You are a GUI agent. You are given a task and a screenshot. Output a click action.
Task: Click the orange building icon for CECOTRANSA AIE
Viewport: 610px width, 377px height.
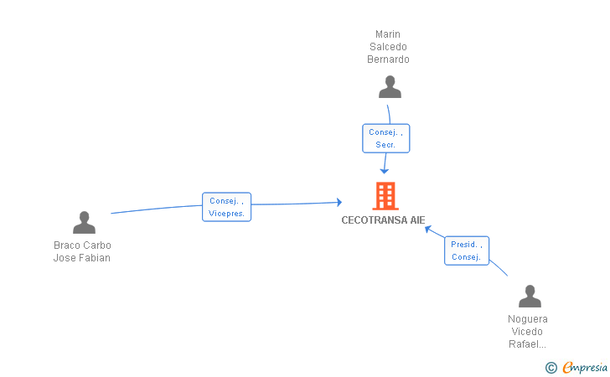[385, 196]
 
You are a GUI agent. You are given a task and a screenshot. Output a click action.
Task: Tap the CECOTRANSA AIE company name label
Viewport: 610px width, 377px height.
[383, 220]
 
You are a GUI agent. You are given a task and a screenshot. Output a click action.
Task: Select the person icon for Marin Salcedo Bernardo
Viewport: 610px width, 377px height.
[389, 87]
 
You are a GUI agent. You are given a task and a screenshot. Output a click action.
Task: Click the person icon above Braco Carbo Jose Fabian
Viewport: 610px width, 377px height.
[84, 222]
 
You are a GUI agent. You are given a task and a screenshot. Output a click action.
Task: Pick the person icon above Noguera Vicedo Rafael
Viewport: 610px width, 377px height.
[530, 297]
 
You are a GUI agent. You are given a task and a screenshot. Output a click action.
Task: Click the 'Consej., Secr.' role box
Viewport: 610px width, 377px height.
[385, 138]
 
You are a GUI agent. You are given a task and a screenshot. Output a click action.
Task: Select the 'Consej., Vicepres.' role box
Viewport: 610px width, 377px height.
[226, 207]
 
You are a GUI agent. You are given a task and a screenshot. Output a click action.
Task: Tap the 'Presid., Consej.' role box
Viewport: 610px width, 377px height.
[466, 250]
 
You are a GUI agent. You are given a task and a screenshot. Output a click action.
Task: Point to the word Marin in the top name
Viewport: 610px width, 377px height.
[388, 34]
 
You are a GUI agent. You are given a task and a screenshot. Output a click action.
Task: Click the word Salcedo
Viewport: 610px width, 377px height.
[388, 47]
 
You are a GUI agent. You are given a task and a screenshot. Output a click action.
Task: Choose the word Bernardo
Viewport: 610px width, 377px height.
[388, 59]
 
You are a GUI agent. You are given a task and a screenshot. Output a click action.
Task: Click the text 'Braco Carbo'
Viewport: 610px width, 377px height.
[82, 245]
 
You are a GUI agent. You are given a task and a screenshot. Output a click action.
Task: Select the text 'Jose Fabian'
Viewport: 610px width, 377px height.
[82, 258]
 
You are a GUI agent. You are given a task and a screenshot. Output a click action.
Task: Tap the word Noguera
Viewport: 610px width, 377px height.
[528, 319]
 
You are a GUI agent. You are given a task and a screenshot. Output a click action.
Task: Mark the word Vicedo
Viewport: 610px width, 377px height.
[528, 332]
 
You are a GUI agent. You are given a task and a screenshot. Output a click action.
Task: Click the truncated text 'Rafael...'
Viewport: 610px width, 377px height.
[528, 344]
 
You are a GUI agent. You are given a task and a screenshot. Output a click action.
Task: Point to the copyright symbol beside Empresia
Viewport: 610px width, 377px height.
[551, 367]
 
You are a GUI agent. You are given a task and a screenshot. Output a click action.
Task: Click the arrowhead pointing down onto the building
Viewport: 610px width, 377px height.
[384, 170]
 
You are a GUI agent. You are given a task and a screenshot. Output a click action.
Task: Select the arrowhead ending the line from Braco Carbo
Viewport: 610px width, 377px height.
[338, 202]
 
